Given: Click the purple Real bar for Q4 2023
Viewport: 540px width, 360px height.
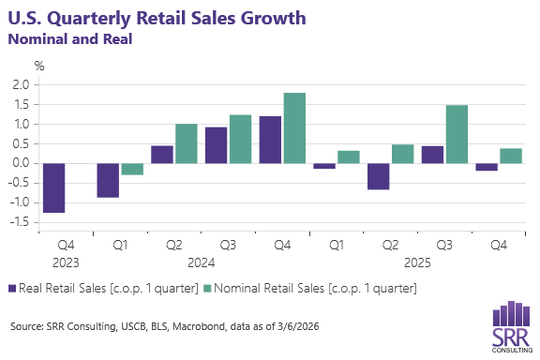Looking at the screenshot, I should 54,188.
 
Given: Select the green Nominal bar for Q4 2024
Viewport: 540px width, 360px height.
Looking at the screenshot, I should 294,127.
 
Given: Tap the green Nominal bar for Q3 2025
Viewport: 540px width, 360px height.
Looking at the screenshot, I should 457,134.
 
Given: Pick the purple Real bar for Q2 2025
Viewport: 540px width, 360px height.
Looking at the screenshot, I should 378,176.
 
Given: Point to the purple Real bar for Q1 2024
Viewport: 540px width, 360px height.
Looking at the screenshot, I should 109,180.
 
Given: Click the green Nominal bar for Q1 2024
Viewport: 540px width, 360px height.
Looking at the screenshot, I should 132,169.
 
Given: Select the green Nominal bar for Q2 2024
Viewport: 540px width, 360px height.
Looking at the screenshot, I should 186,143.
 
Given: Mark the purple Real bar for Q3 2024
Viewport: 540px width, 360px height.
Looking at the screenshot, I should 217,145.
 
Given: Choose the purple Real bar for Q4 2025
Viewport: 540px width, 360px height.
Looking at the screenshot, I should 487,167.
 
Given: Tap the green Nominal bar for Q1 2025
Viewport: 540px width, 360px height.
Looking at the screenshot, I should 349,157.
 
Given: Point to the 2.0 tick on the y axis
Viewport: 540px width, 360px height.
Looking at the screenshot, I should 22,84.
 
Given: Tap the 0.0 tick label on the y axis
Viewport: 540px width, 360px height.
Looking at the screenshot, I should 22,163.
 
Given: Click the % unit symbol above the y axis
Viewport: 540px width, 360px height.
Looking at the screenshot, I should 39,66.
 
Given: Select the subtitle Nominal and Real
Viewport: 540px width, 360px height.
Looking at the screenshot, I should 70,39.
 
